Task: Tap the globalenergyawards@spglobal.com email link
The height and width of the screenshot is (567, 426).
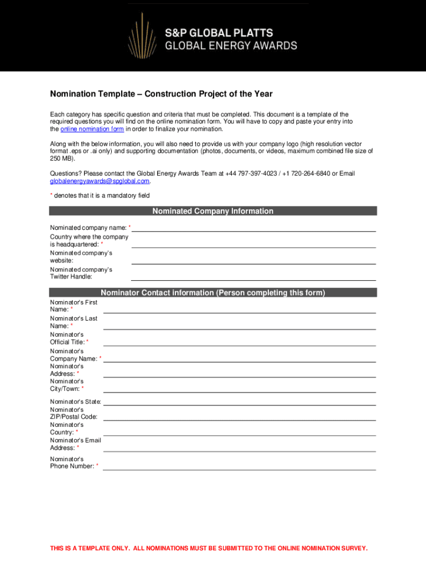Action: click(x=100, y=181)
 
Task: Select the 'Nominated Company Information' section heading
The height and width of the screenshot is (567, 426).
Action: click(x=212, y=211)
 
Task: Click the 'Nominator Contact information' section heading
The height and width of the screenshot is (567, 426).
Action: click(x=212, y=292)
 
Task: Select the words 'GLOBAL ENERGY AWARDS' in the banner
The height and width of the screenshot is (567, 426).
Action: click(x=231, y=45)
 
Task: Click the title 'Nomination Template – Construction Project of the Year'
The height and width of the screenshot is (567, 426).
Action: click(x=162, y=94)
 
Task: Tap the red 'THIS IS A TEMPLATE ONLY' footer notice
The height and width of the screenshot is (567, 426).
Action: click(x=209, y=548)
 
